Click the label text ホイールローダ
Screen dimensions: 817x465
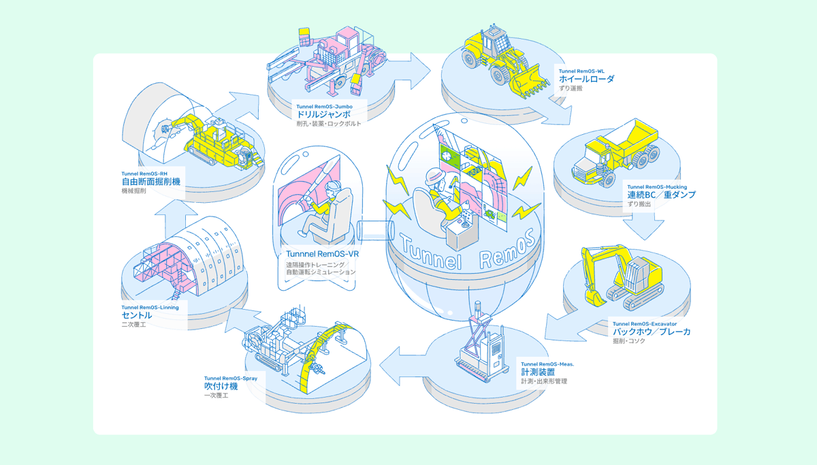tap(586, 79)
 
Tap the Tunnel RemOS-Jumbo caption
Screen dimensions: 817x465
tap(324, 106)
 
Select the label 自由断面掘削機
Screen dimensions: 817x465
tap(150, 182)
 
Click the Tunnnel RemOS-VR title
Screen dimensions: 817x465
tap(323, 254)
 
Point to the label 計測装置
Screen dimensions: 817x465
tap(538, 372)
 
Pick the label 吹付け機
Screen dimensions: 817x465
tap(221, 386)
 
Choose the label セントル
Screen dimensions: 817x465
tap(137, 315)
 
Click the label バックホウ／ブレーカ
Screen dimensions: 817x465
tap(652, 332)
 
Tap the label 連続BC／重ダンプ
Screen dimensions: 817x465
tap(661, 195)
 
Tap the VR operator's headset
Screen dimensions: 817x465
tap(334, 187)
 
